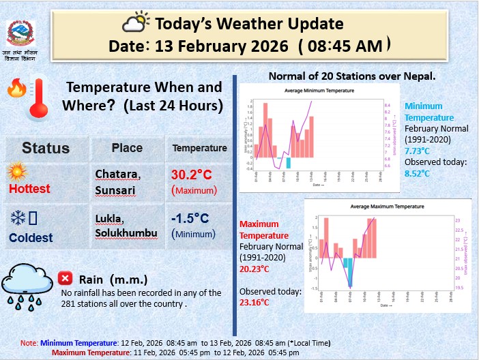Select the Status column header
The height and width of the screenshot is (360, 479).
[46, 148]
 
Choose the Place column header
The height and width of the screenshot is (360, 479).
[127, 148]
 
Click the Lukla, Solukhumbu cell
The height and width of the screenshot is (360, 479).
[126, 226]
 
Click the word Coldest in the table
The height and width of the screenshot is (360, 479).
[31, 238]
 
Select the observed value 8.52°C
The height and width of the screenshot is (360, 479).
[418, 173]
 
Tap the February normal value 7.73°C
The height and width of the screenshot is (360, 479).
[418, 151]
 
